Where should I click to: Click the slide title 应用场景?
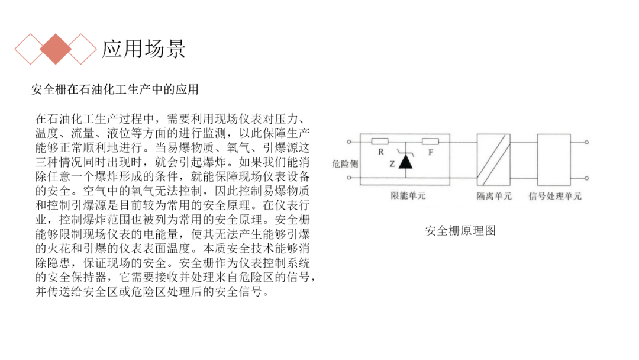point(144,49)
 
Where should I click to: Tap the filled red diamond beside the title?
point(56,49)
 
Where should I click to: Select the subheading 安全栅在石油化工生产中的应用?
point(115,89)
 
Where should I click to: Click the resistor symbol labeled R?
point(380,142)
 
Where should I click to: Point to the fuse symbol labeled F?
point(430,142)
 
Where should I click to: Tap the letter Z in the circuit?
point(392,163)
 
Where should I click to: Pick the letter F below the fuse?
point(430,152)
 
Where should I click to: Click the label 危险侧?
point(344,163)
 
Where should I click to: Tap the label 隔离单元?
point(494,196)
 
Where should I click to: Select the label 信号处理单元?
point(554,196)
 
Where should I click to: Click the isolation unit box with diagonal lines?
point(493,159)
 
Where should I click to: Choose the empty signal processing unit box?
point(554,159)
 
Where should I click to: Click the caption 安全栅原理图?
point(460,231)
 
